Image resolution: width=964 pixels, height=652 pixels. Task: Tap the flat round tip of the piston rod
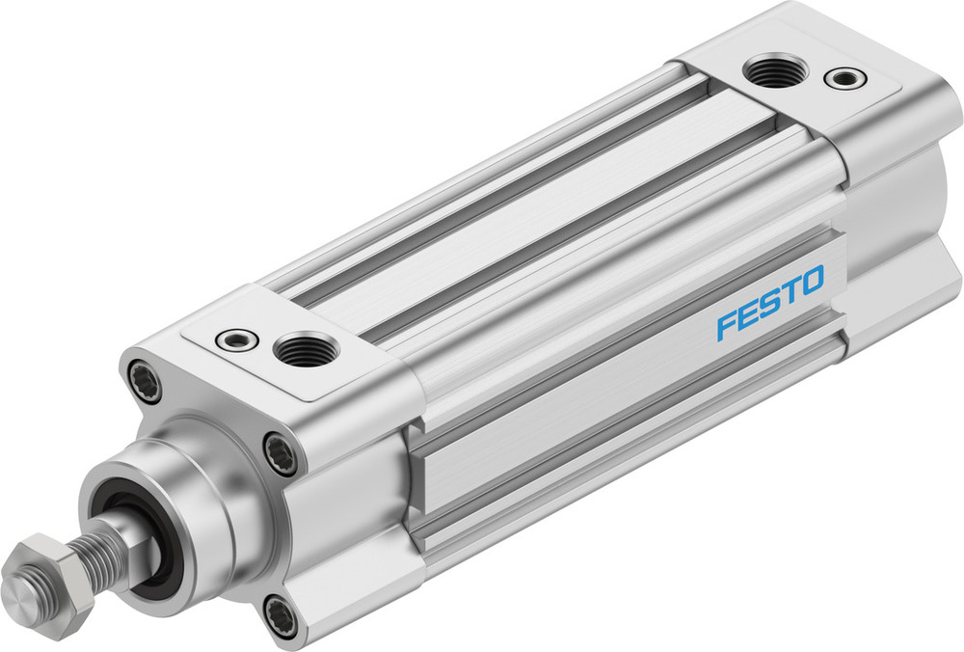coord(21,586)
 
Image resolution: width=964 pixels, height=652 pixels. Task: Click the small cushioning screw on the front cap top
coord(236,340)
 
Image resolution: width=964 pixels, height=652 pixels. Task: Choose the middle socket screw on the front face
coord(281,452)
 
